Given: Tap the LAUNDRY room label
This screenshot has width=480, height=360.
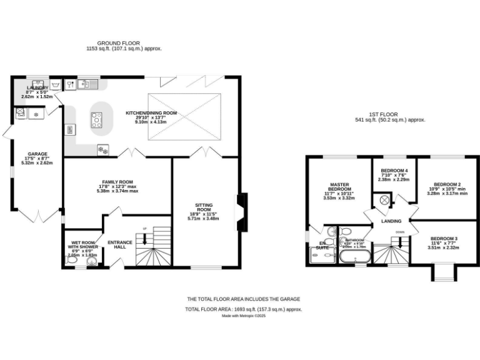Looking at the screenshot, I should [x=39, y=89].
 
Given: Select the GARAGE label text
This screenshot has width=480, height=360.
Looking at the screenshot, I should [x=37, y=154].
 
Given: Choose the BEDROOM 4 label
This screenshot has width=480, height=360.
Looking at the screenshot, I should [x=393, y=171].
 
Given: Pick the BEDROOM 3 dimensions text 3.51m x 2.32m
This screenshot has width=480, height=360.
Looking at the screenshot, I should [x=443, y=248].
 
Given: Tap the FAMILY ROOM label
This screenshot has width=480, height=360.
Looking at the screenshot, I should [x=117, y=181].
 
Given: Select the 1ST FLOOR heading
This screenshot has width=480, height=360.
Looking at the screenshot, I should [x=381, y=114].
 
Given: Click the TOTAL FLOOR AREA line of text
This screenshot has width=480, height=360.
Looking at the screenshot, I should [x=243, y=309].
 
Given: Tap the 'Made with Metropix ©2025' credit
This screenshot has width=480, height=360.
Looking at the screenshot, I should [x=244, y=316].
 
